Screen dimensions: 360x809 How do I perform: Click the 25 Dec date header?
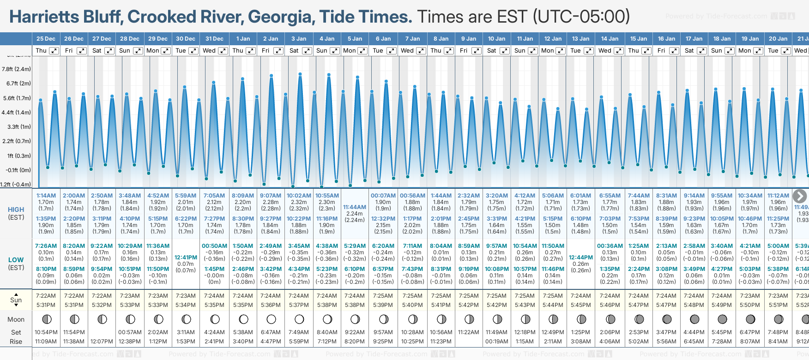(46, 39)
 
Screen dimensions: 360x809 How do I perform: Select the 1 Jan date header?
(243, 39)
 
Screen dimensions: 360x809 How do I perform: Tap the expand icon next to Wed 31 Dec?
(223, 51)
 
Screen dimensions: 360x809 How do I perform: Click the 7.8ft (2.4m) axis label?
(16, 69)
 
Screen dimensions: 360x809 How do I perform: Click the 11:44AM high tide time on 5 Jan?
(355, 207)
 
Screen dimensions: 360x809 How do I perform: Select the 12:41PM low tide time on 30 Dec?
(186, 258)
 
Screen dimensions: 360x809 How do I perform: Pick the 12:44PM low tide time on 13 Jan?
(581, 258)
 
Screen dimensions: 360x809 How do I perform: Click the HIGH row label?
(16, 210)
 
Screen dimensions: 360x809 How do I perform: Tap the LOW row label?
(16, 260)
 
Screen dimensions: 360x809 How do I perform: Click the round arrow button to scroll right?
(799, 196)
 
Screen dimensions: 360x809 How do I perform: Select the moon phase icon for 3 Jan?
(299, 319)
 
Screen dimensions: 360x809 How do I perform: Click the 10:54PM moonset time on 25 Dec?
(46, 332)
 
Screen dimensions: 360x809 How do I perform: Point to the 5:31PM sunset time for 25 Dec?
(46, 305)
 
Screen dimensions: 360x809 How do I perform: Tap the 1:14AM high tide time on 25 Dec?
(46, 196)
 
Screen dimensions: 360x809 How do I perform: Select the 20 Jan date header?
(778, 39)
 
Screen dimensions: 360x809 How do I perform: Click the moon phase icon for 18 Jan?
(722, 319)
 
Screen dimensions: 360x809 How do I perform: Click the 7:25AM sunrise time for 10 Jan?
(497, 296)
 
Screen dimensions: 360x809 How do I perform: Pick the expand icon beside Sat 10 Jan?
(505, 51)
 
